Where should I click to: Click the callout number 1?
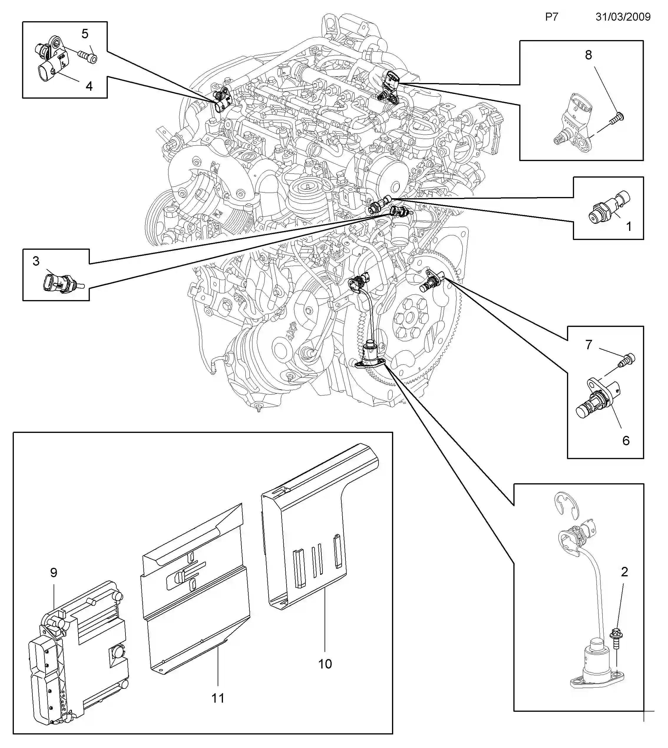pos(628,226)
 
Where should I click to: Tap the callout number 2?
pos(624,572)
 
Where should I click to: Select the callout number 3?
pos(36,261)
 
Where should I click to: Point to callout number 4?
pos(89,86)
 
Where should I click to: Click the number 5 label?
pos(85,34)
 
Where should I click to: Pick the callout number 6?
pos(626,441)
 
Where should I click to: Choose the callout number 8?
pos(588,55)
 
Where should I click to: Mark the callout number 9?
pos(54,572)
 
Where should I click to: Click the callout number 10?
pos(325,663)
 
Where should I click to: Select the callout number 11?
pos(218,698)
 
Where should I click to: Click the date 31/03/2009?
pos(623,17)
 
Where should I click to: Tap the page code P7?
pos(551,17)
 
